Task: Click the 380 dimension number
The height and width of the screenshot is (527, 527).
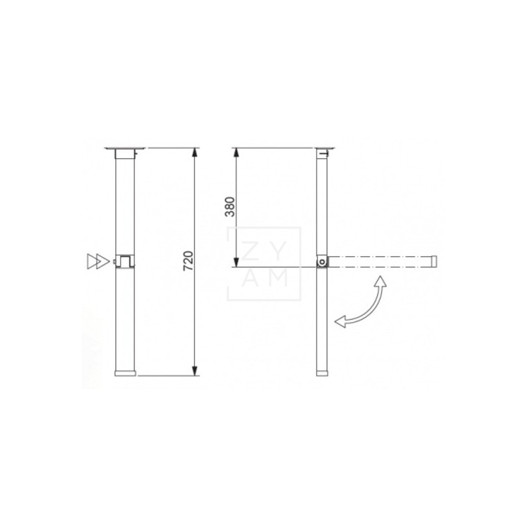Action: [x=229, y=208]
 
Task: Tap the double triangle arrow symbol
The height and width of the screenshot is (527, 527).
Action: [x=96, y=261]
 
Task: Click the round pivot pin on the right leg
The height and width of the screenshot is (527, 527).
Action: [x=321, y=262]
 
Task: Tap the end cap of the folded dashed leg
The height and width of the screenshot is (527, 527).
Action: [x=433, y=262]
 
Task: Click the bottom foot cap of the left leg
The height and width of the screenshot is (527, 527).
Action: [x=125, y=373]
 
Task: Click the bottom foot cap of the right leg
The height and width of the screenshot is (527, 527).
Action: [x=321, y=373]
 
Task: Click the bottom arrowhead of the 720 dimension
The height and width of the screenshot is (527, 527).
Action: [x=195, y=371]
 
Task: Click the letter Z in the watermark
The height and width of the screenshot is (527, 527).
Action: [x=250, y=248]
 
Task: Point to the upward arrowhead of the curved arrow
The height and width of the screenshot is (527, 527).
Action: [x=380, y=282]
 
